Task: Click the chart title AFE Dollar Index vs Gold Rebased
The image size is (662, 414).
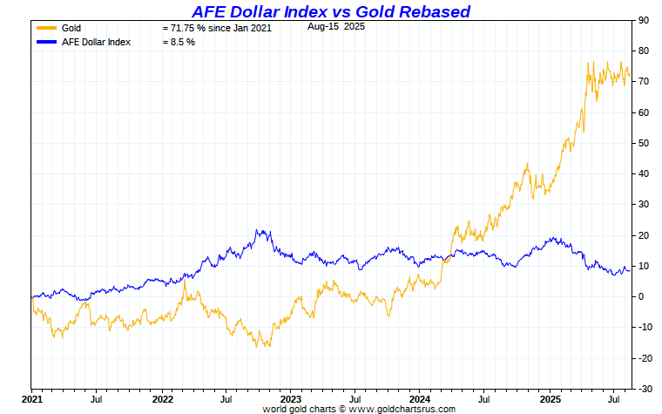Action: point(330,11)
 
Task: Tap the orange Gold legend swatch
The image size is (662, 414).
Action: point(46,28)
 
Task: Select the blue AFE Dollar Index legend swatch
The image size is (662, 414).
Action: point(46,42)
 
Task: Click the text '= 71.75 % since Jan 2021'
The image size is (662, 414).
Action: point(217,28)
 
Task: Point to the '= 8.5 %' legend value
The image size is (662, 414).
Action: point(179,42)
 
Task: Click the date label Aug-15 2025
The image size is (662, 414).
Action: point(334,26)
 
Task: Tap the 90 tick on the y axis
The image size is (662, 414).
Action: point(644,20)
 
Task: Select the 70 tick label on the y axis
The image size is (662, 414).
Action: point(644,81)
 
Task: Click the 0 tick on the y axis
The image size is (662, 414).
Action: point(641,296)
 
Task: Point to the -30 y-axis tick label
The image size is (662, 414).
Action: point(645,389)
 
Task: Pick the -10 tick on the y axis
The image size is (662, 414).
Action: point(645,327)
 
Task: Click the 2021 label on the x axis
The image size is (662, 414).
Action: point(32,398)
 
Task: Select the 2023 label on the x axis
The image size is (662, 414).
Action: point(290,398)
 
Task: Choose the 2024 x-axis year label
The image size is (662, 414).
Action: point(419,398)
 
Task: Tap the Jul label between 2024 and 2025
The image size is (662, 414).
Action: point(483,398)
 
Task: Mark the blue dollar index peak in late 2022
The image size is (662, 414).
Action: point(259,230)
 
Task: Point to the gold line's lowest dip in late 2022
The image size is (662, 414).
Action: point(268,346)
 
